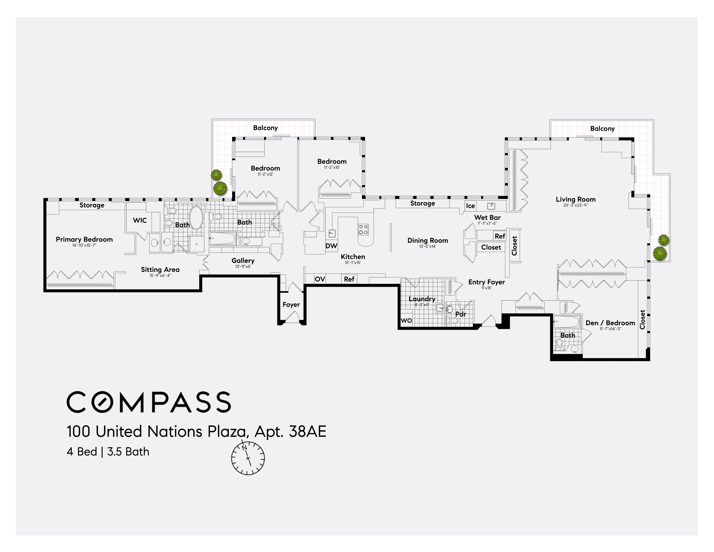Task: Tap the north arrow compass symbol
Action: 248,458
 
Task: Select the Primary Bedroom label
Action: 84,239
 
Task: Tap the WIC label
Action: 140,220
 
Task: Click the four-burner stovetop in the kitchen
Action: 363,229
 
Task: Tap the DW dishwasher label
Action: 331,246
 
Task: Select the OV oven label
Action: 320,279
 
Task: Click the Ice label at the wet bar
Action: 470,206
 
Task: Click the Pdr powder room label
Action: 461,314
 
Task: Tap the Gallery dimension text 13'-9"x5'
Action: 243,266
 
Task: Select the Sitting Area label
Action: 160,270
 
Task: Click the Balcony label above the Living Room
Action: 602,128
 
